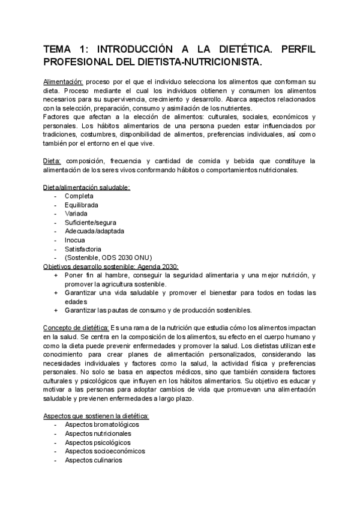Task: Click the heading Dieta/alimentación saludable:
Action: coord(86,187)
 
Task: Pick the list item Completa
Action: coord(79,196)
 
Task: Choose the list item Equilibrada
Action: coord(82,205)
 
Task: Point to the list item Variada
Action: coord(77,214)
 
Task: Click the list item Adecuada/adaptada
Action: coord(93,231)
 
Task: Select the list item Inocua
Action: coord(75,240)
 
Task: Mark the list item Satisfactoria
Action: coord(83,249)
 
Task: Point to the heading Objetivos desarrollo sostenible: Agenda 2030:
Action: coord(111,267)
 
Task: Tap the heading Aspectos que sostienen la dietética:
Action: coord(96,399)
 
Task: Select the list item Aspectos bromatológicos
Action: coord(98,408)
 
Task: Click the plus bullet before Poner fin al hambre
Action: coord(56,276)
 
